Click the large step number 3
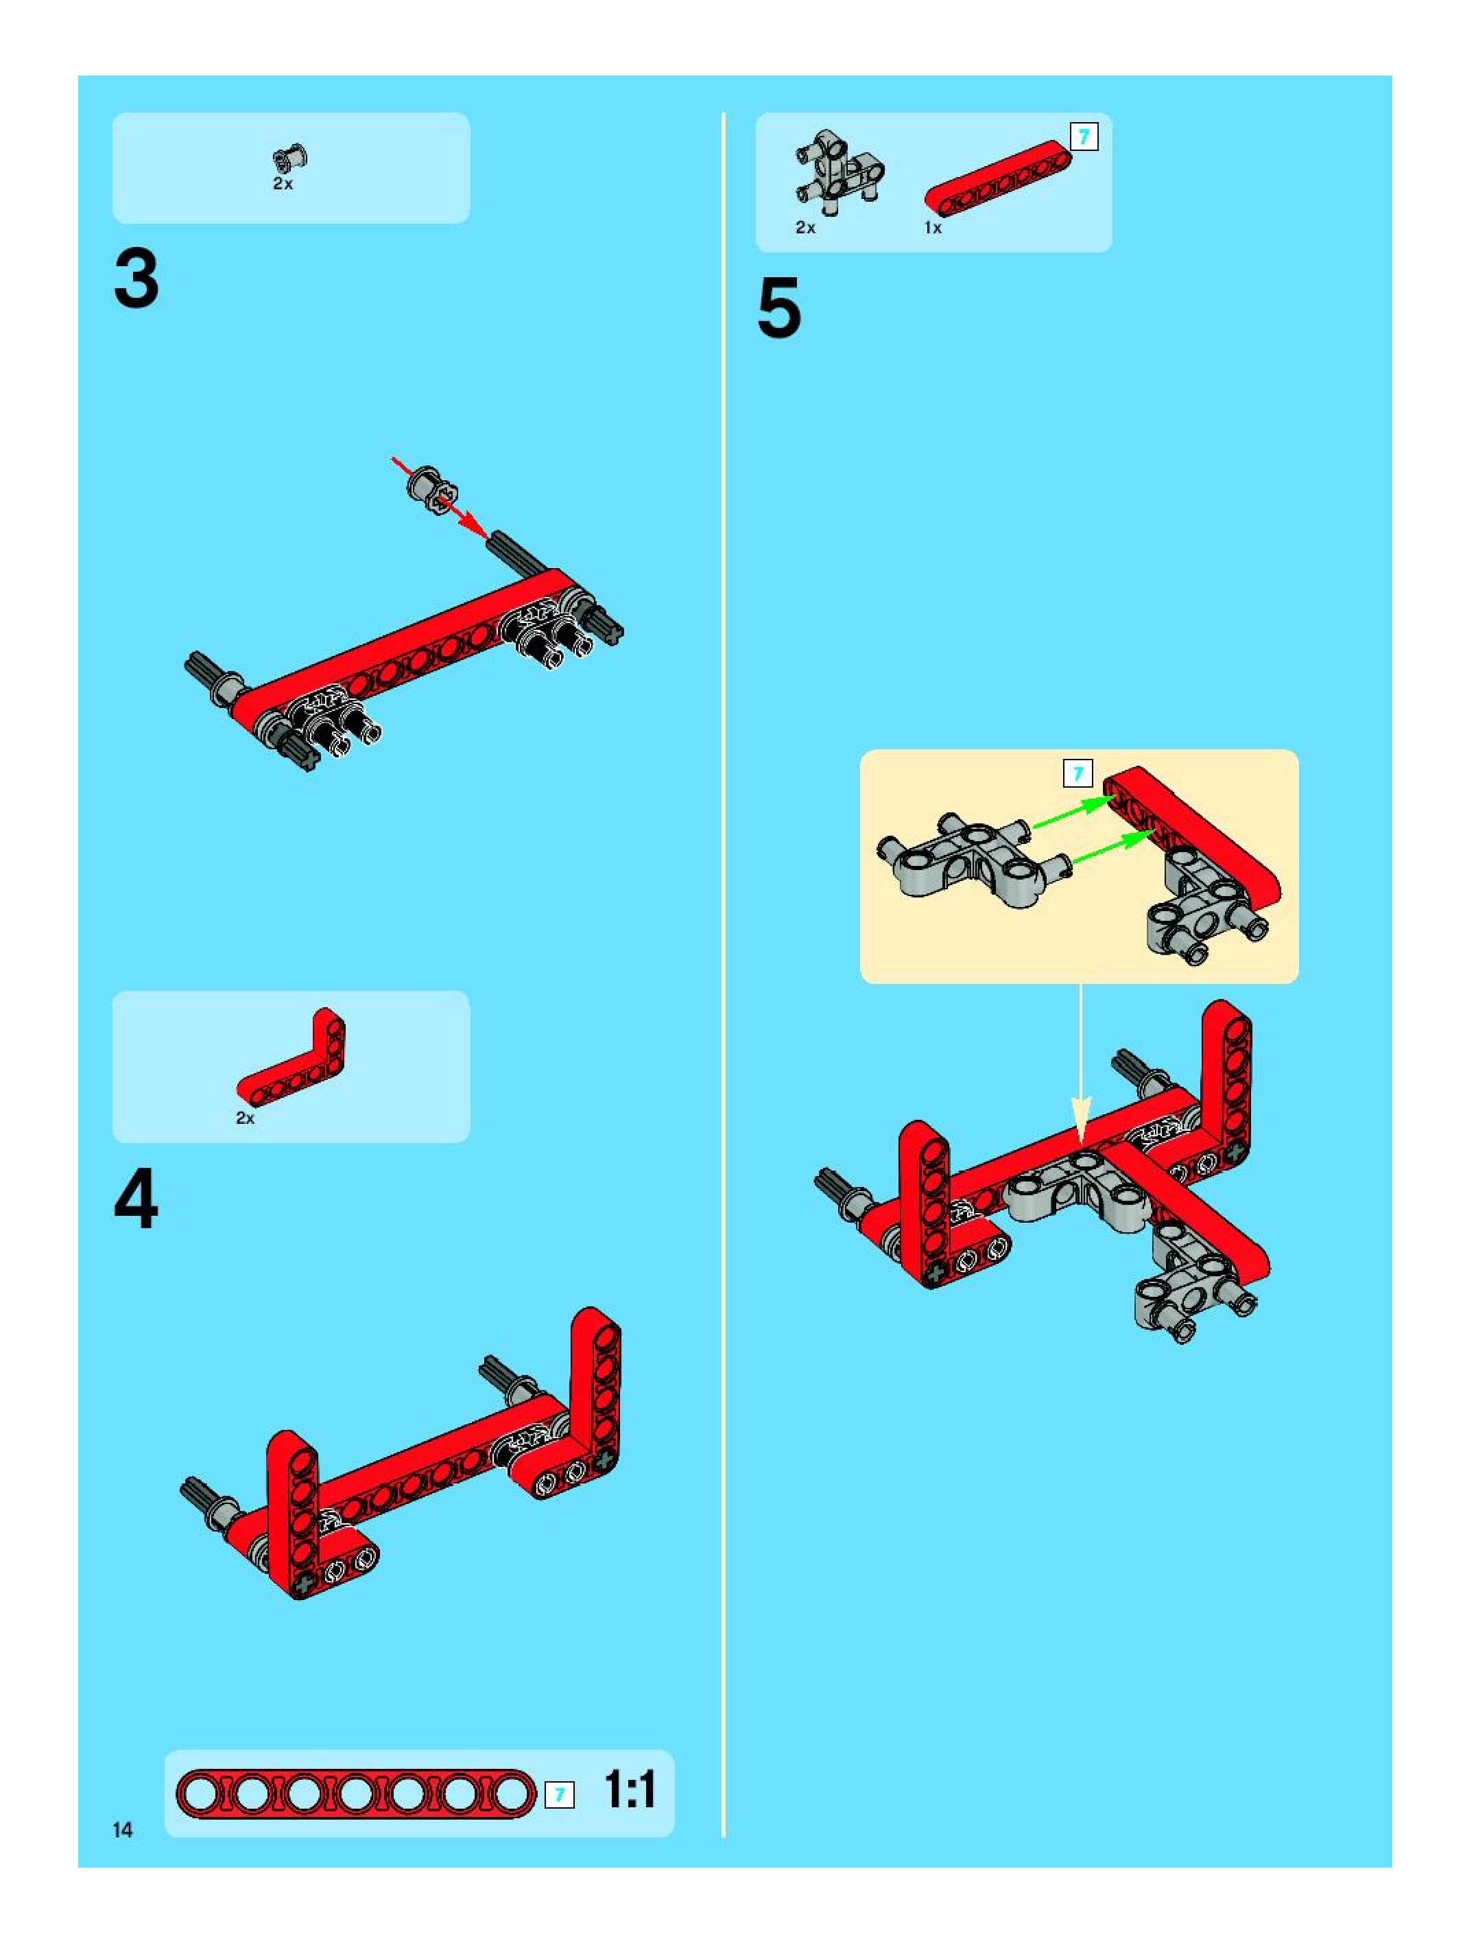[136, 279]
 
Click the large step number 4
[136, 1200]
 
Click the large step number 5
[779, 307]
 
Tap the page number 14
[123, 1830]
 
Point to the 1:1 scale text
[630, 1790]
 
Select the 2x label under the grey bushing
[282, 185]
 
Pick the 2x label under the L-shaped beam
[245, 1118]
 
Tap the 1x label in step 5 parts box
[932, 227]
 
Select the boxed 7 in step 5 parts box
[1084, 137]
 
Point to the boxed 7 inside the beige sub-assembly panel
[1078, 774]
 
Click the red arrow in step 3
[439, 496]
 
